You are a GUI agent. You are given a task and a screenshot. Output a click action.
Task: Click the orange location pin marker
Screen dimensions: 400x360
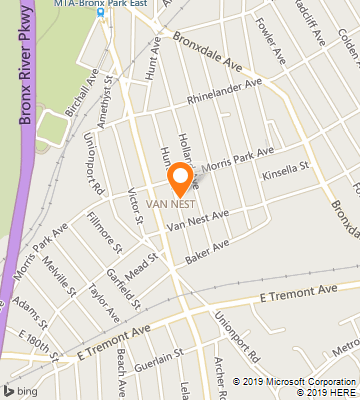[x=180, y=178]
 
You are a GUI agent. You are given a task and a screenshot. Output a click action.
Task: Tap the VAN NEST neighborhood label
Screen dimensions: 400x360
[x=169, y=204]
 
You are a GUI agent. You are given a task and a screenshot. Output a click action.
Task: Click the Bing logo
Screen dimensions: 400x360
[x=22, y=388]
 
